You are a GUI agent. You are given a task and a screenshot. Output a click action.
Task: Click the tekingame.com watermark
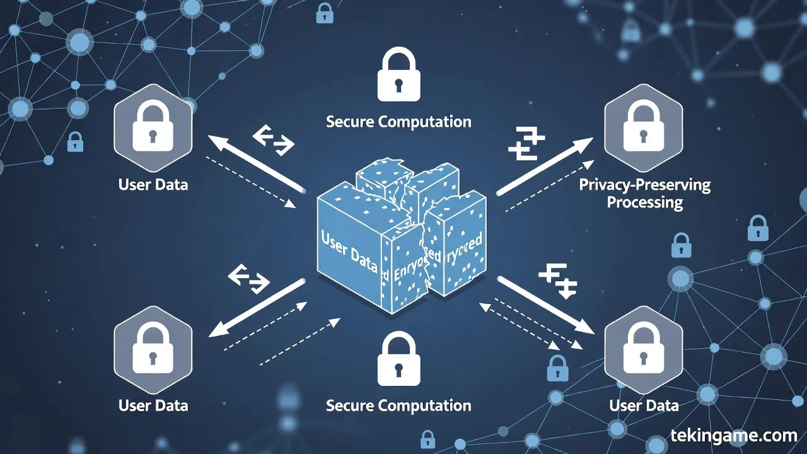pos(733,435)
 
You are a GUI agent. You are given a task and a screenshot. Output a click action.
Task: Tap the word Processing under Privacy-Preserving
pos(644,202)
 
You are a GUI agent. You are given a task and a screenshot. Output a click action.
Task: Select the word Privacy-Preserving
pos(644,185)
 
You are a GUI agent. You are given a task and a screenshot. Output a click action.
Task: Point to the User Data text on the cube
pos(349,252)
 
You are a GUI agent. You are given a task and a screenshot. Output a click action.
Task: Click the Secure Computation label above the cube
pos(398,121)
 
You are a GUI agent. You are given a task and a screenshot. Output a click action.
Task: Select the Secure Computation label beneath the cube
pos(398,405)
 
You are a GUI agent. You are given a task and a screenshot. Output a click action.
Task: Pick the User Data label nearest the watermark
pos(644,405)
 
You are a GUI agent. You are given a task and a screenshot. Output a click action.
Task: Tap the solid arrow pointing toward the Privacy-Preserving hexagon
pos(545,166)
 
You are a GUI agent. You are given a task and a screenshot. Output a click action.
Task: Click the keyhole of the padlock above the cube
pos(398,84)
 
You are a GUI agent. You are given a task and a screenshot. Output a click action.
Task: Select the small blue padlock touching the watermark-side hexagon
pos(557,368)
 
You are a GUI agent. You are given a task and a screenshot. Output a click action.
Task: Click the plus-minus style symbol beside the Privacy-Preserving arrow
pos(526,143)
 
